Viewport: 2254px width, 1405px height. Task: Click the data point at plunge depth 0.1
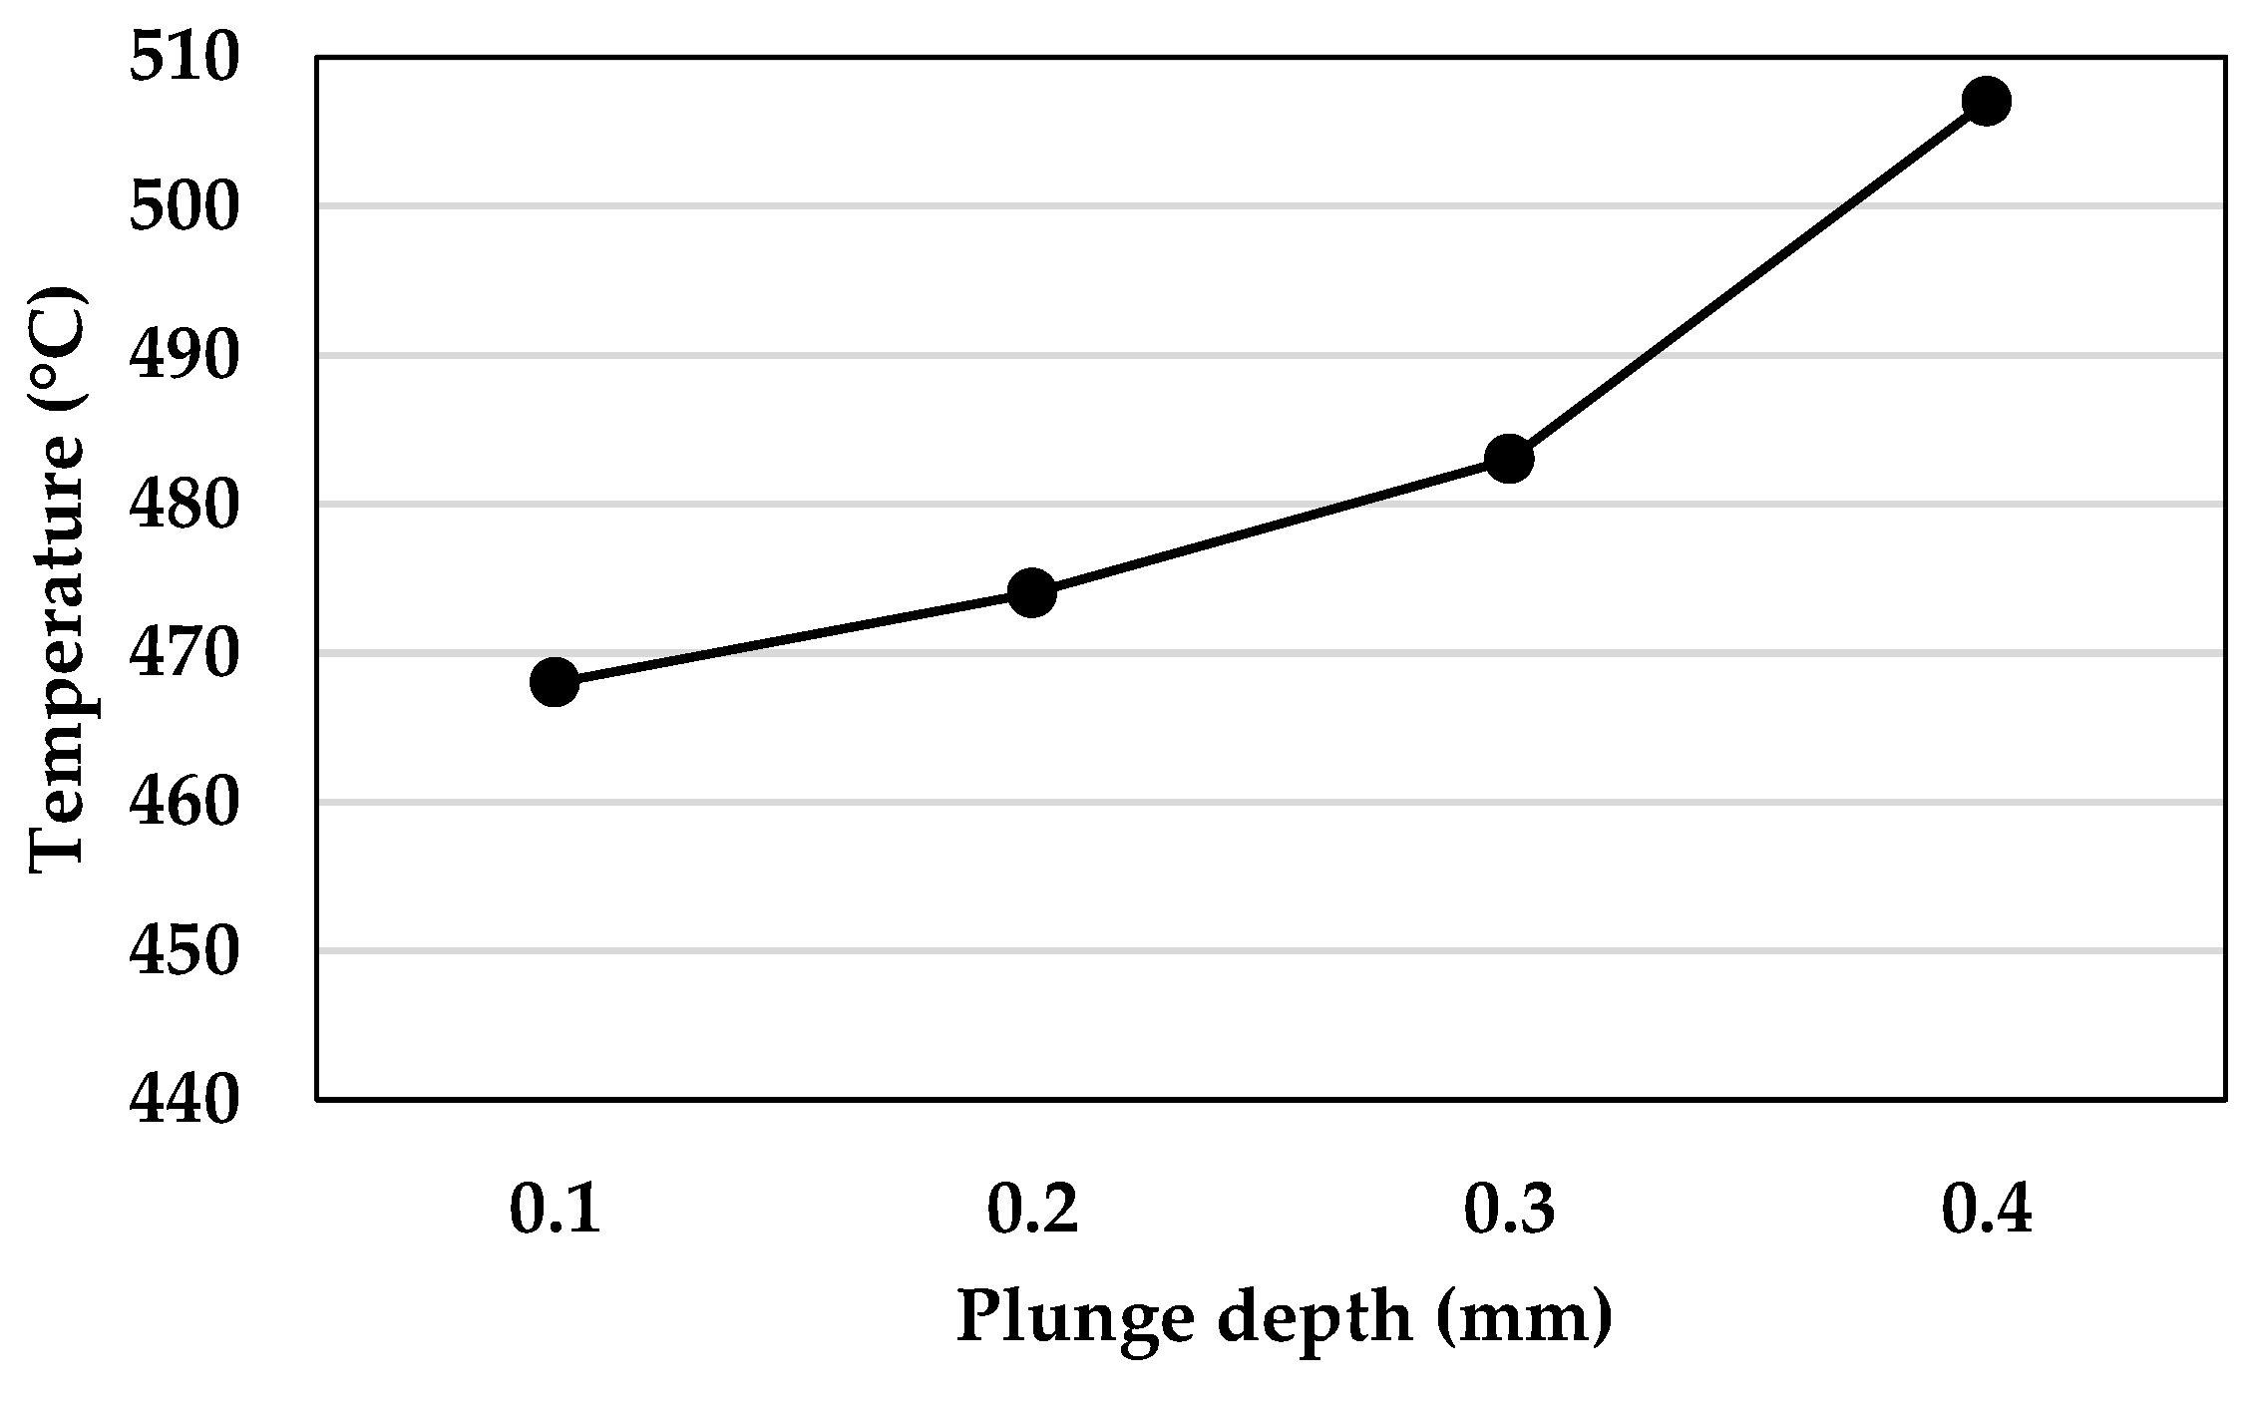coord(556,682)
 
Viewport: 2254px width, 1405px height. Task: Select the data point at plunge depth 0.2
coord(1032,593)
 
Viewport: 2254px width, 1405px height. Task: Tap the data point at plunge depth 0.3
coord(1509,459)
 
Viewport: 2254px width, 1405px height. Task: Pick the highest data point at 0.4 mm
coord(1986,101)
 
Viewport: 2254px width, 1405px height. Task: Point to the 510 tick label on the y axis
coord(186,59)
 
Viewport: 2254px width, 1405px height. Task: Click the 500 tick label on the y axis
coord(186,207)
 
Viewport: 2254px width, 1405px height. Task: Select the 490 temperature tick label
coord(186,356)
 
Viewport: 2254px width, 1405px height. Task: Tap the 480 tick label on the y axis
coord(186,505)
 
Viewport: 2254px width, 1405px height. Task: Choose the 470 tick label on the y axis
coord(186,653)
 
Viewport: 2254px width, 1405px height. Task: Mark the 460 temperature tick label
coord(186,802)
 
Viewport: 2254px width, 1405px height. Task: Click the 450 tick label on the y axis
coord(186,950)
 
